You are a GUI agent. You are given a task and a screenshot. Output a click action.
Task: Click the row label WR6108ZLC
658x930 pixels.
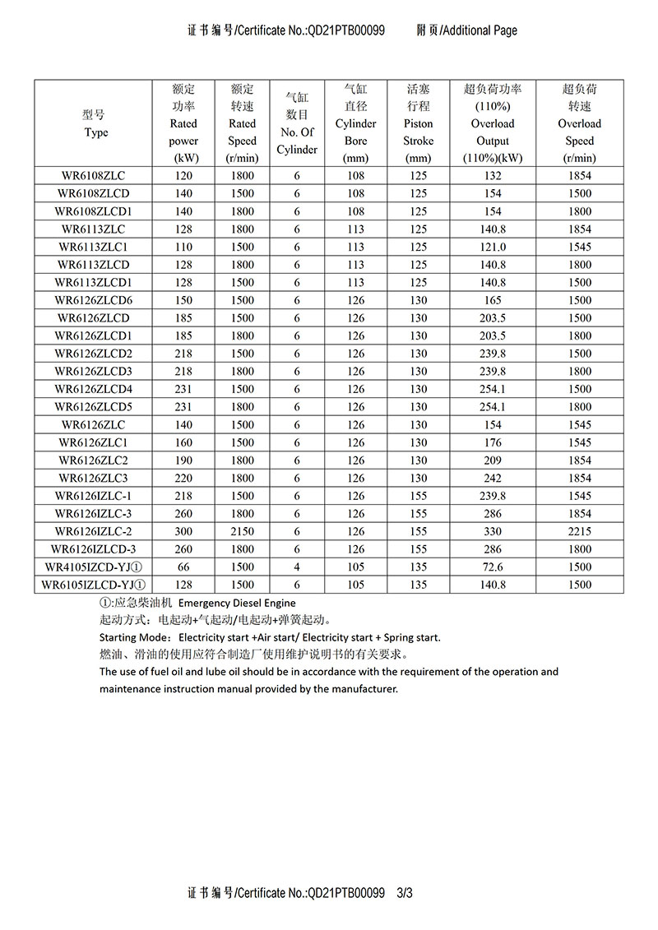[x=93, y=176]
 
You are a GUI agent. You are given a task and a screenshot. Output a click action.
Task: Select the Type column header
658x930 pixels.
[x=95, y=123]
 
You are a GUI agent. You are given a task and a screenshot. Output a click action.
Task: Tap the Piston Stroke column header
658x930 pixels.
[x=418, y=123]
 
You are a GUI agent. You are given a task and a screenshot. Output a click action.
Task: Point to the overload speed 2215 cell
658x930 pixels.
[x=579, y=531]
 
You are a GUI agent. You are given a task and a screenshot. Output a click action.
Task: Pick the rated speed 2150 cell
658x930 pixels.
[x=243, y=531]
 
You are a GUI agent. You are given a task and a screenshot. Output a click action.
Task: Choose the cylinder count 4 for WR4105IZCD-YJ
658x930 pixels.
[x=297, y=567]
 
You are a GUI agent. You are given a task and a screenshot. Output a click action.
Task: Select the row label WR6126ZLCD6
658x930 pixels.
[x=93, y=300]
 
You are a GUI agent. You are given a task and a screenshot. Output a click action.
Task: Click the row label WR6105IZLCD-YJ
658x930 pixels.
[x=93, y=585]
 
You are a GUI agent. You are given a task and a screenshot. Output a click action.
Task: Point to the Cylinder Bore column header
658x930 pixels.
[x=355, y=123]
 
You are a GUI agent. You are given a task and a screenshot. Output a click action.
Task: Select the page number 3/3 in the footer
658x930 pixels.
[x=404, y=891]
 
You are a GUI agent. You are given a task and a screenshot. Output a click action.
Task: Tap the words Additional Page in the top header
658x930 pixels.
[x=480, y=30]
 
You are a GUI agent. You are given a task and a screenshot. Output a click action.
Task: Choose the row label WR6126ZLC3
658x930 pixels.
[x=93, y=478]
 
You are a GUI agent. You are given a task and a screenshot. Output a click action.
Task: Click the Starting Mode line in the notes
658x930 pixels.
[x=270, y=637]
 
